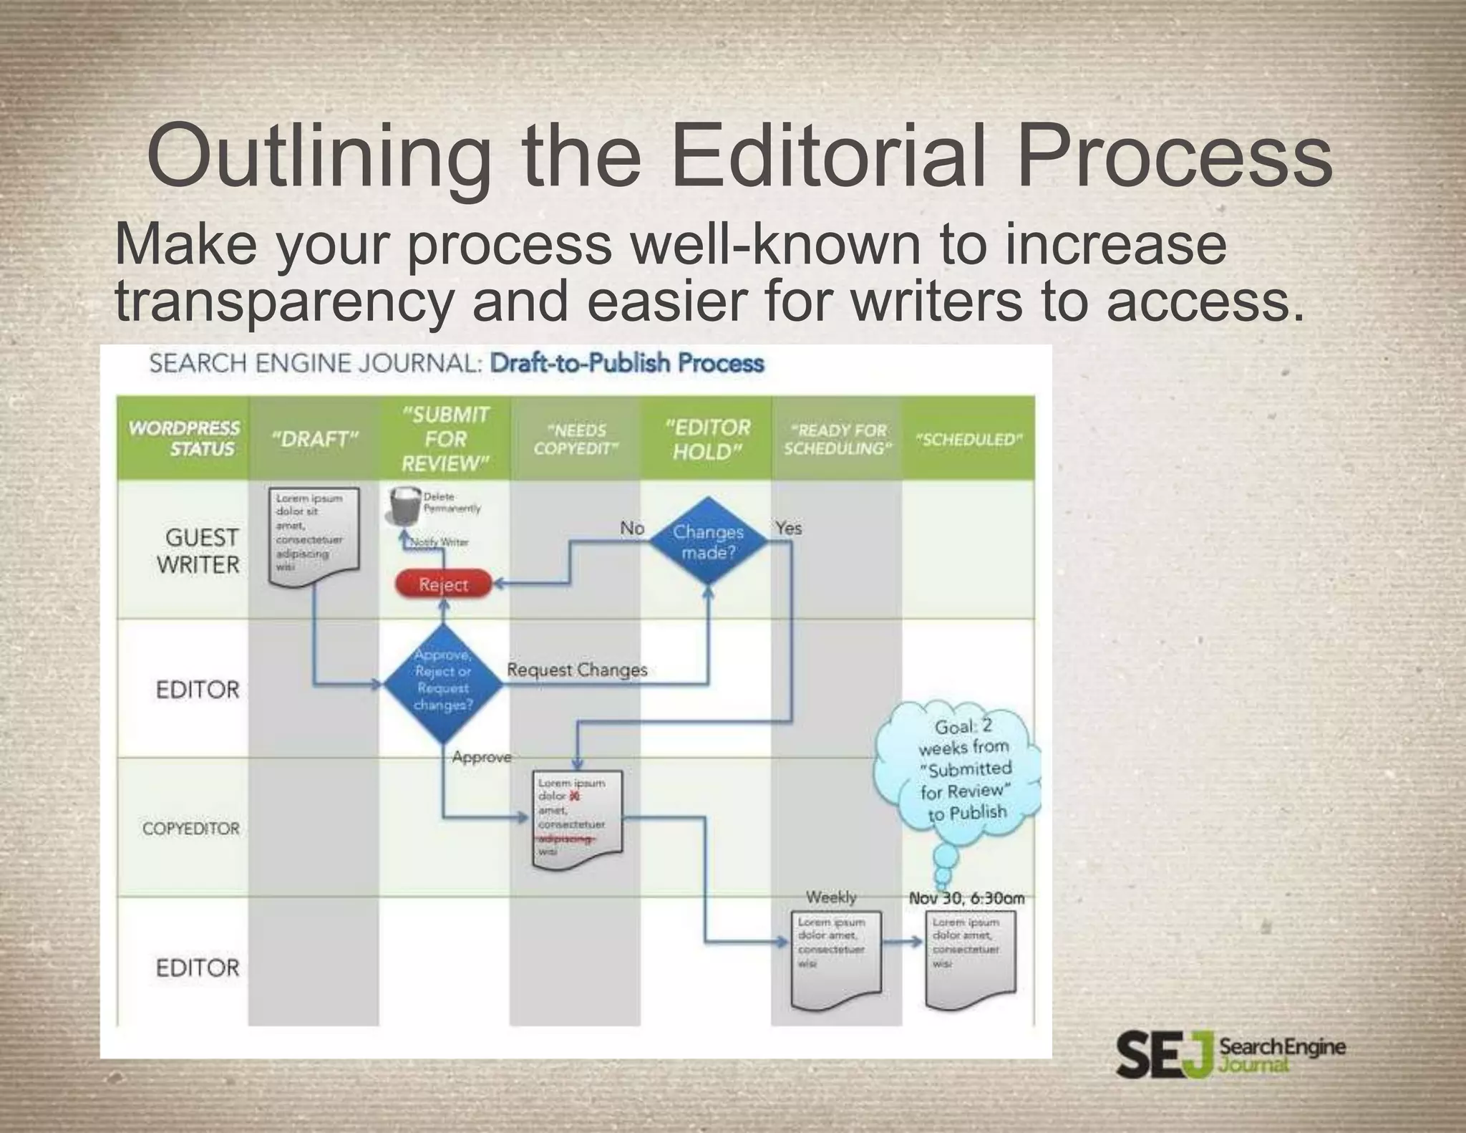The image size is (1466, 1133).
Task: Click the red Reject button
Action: click(443, 584)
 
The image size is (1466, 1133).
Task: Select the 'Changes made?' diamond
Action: click(707, 542)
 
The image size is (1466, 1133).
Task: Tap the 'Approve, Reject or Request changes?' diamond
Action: click(443, 681)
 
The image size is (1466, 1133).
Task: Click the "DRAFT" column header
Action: click(314, 439)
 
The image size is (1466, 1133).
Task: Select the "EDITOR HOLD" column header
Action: click(707, 439)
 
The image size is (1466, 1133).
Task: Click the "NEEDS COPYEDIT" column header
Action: click(576, 439)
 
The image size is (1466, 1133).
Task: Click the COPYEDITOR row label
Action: click(190, 829)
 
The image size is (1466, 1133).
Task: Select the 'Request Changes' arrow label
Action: click(576, 670)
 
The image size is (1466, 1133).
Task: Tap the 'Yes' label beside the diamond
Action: click(788, 528)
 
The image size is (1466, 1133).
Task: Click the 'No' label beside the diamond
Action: click(631, 528)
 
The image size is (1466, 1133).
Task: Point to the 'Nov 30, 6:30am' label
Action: click(966, 898)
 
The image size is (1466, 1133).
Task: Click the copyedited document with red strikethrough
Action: click(577, 819)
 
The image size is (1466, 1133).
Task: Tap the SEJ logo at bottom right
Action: click(1230, 1054)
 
